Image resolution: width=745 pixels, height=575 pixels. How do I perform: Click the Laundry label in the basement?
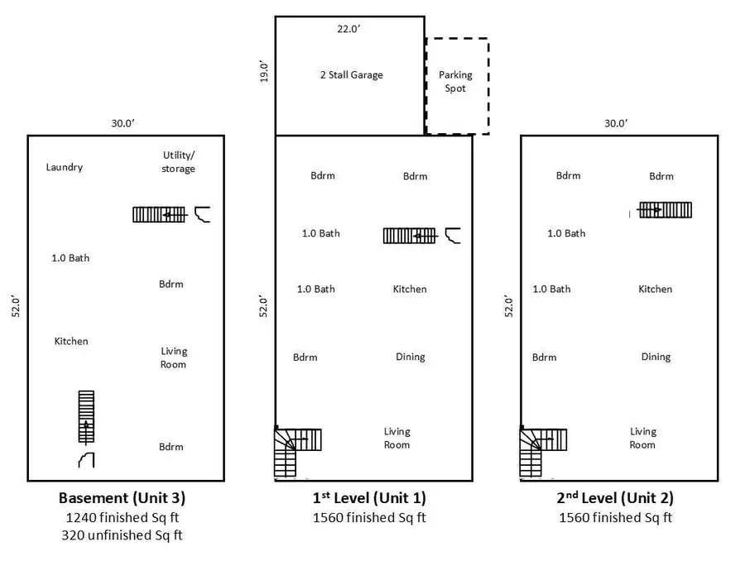point(65,167)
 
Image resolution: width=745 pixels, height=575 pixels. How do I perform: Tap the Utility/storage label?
point(179,162)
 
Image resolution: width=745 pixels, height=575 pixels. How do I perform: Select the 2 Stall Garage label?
point(351,74)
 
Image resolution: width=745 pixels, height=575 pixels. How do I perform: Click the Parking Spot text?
point(455,81)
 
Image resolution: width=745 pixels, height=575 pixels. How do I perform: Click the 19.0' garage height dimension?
point(264,74)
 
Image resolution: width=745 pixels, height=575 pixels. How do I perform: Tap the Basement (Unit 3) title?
point(122,498)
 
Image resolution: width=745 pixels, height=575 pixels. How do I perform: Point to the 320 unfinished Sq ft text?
point(122,535)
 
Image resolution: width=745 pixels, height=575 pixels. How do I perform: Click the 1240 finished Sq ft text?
point(122,518)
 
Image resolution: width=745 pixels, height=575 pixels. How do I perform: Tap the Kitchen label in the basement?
point(71,341)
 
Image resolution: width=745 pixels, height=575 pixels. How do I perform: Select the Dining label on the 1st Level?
point(410,357)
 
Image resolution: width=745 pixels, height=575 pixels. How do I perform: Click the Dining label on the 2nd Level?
point(656,357)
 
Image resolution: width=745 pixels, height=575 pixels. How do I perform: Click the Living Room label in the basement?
point(174,357)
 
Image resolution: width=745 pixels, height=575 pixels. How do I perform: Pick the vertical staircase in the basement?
point(86,416)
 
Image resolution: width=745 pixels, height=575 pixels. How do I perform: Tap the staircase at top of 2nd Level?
point(665,210)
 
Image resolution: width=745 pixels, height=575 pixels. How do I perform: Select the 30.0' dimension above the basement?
point(123,123)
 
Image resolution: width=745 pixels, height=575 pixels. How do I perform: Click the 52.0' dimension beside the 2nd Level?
point(509,306)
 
